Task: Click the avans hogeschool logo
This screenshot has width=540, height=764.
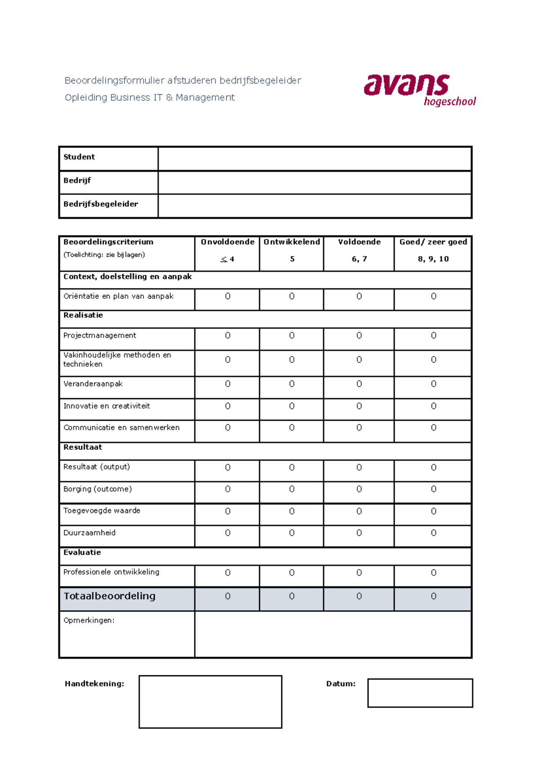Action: click(x=419, y=90)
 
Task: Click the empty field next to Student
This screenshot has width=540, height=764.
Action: click(x=315, y=158)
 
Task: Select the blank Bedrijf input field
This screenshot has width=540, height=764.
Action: click(x=315, y=182)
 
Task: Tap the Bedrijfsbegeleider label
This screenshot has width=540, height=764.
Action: click(x=101, y=204)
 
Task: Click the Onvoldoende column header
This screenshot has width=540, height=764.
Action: click(x=227, y=242)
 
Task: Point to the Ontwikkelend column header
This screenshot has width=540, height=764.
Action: click(x=292, y=242)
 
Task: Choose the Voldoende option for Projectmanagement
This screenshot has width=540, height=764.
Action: click(x=359, y=336)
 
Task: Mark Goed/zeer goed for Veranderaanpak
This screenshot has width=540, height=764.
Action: click(x=433, y=384)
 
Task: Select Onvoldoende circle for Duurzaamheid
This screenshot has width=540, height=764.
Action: click(x=228, y=533)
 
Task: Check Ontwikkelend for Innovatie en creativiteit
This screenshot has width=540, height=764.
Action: click(x=292, y=406)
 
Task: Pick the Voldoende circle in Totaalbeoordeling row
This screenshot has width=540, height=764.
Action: click(x=359, y=596)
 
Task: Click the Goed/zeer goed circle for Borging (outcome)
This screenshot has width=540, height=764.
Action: click(x=433, y=489)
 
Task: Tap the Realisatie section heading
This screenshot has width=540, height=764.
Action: click(x=83, y=315)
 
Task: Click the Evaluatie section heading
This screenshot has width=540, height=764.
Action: click(x=82, y=553)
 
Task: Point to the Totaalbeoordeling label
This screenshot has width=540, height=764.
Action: click(x=110, y=596)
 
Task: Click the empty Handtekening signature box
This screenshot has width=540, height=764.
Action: click(x=210, y=701)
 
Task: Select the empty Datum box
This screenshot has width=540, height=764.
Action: click(x=420, y=693)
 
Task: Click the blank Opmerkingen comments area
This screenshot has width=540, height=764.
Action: click(x=333, y=634)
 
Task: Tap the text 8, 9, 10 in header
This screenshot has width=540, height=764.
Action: click(x=433, y=259)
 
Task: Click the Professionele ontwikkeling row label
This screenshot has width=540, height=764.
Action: click(x=111, y=572)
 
